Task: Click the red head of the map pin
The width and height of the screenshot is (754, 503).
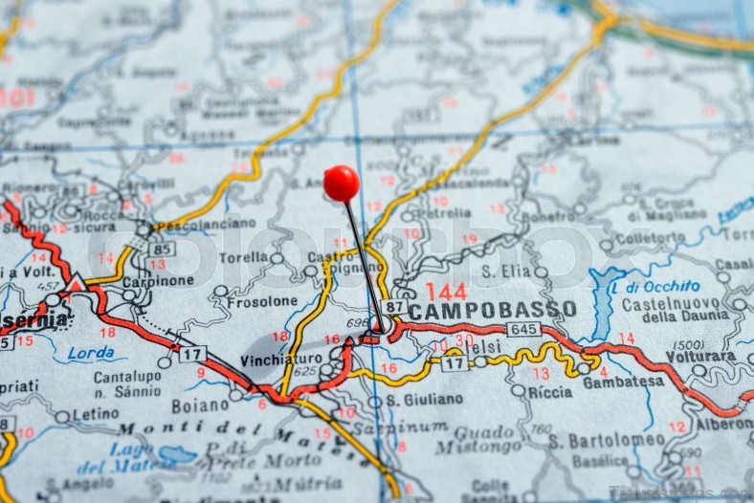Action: tap(341, 183)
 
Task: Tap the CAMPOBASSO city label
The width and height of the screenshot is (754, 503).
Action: tap(492, 310)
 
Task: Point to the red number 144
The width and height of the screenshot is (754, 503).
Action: tap(446, 291)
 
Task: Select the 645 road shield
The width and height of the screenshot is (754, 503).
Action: tap(523, 329)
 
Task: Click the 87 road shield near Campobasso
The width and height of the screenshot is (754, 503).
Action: tap(393, 307)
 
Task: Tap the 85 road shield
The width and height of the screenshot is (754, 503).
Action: tap(162, 249)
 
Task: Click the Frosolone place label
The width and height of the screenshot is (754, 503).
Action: tap(262, 300)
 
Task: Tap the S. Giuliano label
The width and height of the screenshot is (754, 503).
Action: tap(424, 399)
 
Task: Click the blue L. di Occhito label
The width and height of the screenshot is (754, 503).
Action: tap(655, 286)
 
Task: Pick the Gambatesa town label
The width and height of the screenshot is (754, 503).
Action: tap(624, 381)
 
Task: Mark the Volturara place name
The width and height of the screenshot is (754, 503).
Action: tap(701, 357)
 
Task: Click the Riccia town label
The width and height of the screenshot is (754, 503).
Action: tap(550, 391)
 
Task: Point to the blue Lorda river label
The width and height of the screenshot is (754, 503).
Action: tap(91, 352)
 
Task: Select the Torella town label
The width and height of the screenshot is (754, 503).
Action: tap(243, 258)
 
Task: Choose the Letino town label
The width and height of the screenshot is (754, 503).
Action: tap(97, 414)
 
